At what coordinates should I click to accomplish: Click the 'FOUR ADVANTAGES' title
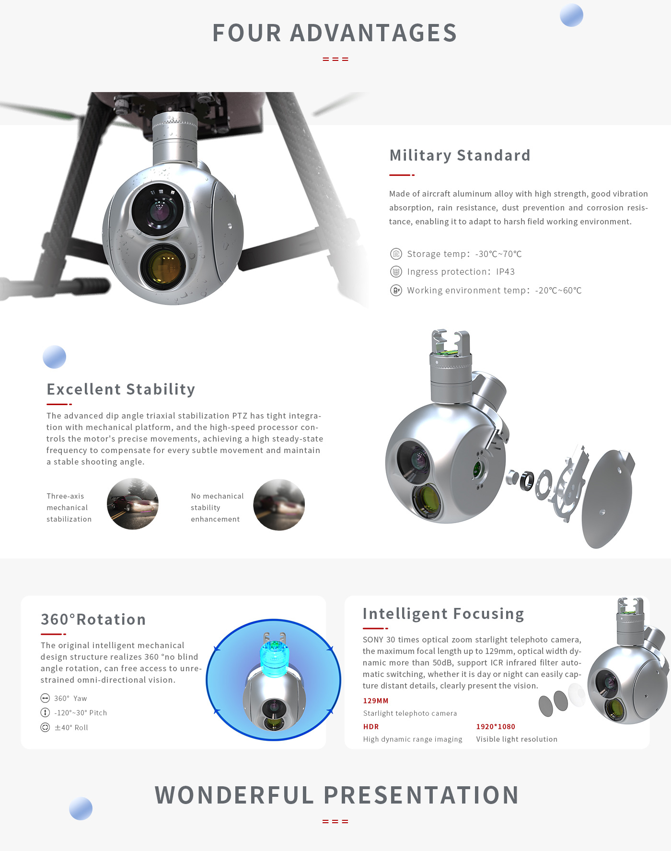point(335,33)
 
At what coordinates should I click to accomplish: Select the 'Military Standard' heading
point(460,155)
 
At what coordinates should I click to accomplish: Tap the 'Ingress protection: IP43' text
point(461,272)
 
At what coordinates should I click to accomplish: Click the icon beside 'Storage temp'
point(396,254)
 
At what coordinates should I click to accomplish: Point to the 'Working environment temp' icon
point(396,290)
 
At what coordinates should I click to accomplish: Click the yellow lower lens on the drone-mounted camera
point(163,267)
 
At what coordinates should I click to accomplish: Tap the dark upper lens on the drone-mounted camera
point(158,209)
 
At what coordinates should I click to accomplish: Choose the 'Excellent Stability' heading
point(121,389)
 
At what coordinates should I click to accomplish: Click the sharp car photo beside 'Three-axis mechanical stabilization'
point(133,504)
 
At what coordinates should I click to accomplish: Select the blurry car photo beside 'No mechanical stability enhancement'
point(279,504)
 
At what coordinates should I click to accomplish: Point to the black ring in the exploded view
point(527,480)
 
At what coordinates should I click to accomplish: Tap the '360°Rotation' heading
point(93,619)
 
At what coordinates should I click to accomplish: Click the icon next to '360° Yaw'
point(45,698)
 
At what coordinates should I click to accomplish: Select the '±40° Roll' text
point(71,727)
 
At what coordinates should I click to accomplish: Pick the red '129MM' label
point(376,701)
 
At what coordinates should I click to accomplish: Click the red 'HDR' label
point(371,727)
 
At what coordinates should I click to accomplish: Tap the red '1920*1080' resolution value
point(496,727)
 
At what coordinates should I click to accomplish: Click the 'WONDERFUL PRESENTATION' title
point(336,795)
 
